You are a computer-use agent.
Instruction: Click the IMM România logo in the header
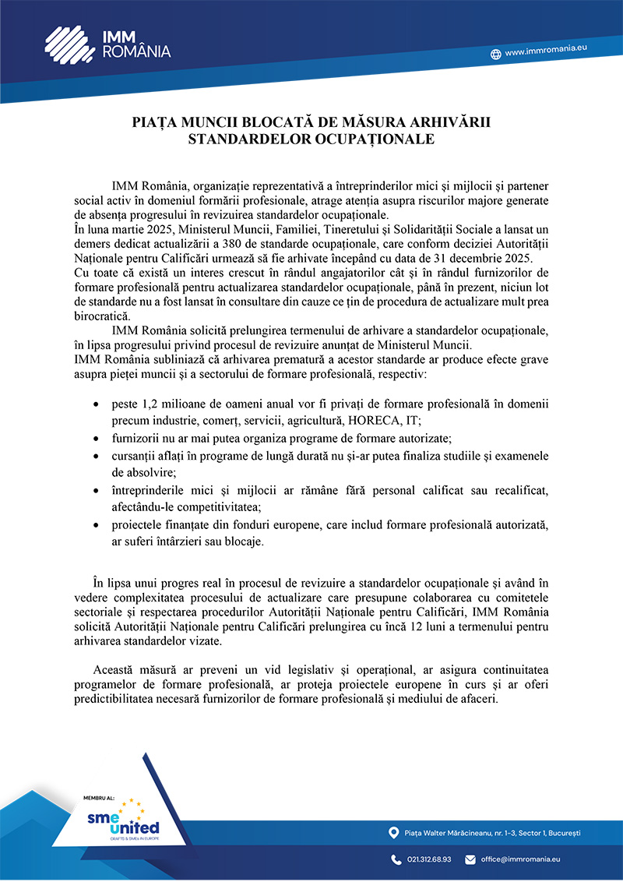point(107,43)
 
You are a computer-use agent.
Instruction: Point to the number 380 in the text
point(241,243)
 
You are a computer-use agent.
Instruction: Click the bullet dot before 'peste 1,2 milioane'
point(95,406)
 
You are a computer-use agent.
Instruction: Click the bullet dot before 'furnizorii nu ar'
point(95,439)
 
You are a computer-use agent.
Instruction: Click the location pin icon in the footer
point(393,833)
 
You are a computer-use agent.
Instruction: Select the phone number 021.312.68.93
point(429,859)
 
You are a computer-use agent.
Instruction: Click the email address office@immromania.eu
point(520,859)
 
